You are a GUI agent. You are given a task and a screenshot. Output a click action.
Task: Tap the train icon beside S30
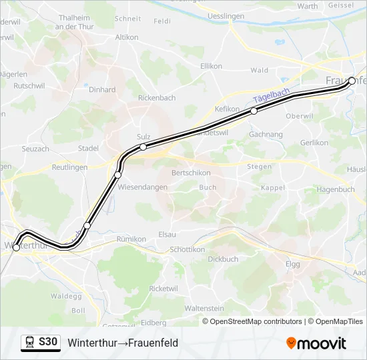(x=30, y=343)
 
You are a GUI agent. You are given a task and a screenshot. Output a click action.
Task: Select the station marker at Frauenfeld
(x=352, y=81)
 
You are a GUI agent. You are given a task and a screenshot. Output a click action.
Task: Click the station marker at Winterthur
(x=16, y=248)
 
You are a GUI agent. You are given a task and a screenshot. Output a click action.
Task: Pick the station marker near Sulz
(x=143, y=147)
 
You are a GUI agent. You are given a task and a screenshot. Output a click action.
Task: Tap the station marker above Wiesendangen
(x=117, y=175)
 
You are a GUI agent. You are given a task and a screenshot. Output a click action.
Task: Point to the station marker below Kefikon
(x=254, y=111)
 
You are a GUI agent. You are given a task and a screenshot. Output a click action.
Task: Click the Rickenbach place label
(x=156, y=98)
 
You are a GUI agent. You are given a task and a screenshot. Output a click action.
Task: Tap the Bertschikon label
(x=192, y=173)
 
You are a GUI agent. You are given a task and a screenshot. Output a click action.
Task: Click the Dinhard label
(x=102, y=89)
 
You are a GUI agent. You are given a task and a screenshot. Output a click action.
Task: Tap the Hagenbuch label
(x=336, y=189)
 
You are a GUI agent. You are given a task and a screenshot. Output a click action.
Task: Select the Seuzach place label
(x=35, y=149)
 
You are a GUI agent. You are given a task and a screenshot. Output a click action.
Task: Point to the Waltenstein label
(x=204, y=309)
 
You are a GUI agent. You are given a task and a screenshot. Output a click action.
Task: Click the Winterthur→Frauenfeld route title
(x=123, y=343)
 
